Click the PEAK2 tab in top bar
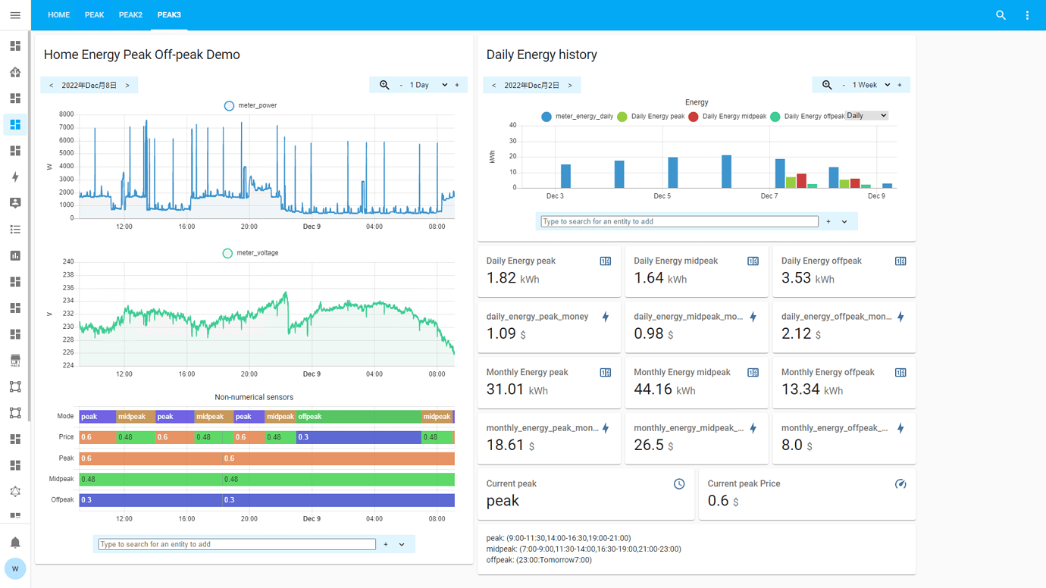130,15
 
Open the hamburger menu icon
15,15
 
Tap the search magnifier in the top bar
1001,15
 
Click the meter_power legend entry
251,105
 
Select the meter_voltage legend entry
251,253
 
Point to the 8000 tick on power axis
67,114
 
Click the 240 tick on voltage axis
68,261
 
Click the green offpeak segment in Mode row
358,417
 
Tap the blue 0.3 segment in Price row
358,437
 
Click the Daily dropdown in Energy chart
866,116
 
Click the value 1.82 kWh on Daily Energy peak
512,278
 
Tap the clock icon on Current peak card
679,484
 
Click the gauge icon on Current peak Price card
900,484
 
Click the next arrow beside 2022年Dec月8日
127,86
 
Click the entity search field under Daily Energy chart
679,221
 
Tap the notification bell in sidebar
15,543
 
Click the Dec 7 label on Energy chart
769,196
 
